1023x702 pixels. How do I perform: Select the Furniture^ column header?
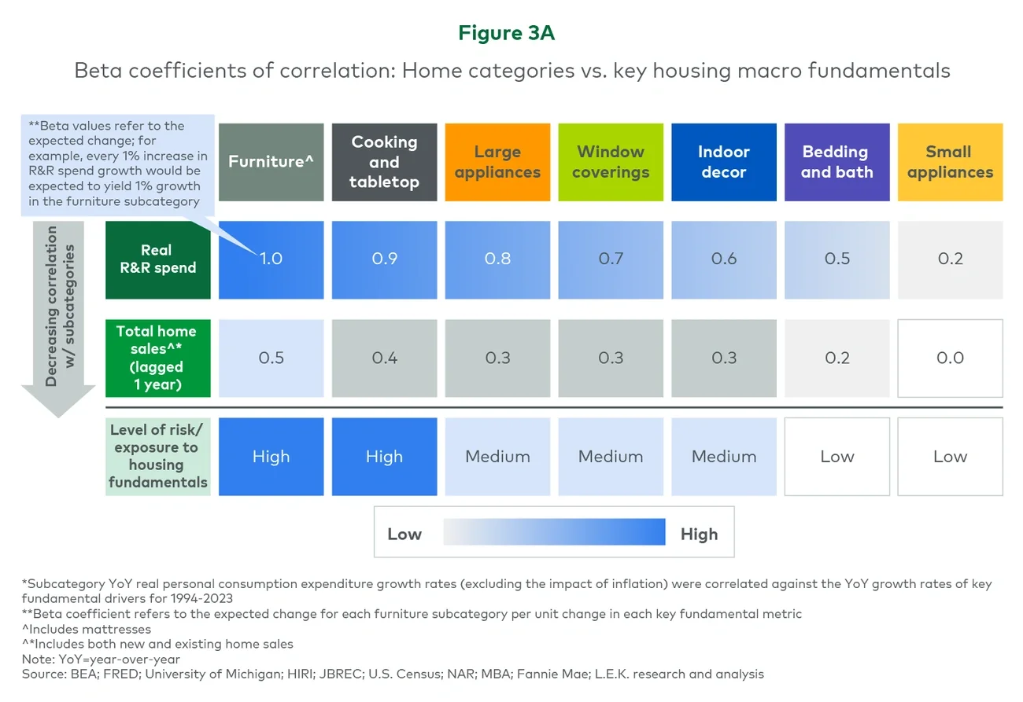pos(271,162)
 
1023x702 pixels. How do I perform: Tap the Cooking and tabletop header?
pos(384,162)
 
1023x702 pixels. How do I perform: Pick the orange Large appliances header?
pos(497,162)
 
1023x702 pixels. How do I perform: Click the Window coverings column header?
pos(611,162)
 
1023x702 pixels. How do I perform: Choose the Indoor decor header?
pos(724,162)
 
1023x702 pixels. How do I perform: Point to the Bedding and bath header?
pos(837,162)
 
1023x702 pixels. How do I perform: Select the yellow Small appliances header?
pos(950,162)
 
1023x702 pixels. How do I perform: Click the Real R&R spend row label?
pos(157,259)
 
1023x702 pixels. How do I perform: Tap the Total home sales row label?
pos(157,358)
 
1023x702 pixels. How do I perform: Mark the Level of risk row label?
pos(157,456)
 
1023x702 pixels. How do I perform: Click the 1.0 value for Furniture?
pos(271,259)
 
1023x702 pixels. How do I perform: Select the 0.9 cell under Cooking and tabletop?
pos(384,259)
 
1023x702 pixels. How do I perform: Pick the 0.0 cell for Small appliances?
pos(950,358)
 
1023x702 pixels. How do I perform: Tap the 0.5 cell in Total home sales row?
pos(271,358)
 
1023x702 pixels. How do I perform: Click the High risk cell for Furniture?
pos(271,456)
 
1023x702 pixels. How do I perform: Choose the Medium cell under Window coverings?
pos(611,456)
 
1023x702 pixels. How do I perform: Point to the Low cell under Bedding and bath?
pos(837,456)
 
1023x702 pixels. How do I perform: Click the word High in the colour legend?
pos(699,534)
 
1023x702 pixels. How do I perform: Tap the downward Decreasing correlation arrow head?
pos(59,402)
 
